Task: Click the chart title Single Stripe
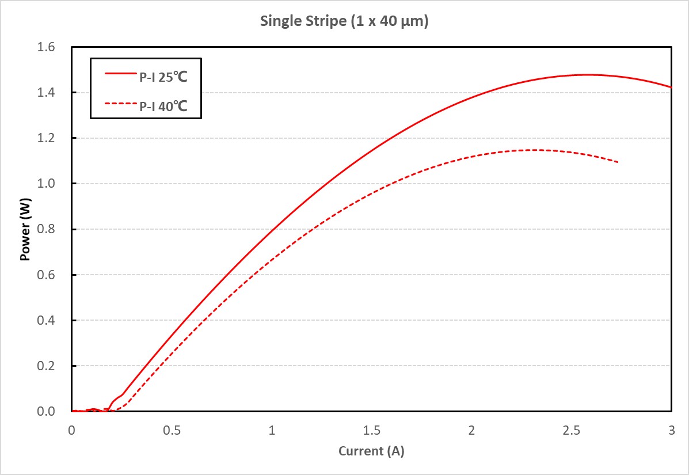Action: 344,22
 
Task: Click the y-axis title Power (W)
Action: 25,230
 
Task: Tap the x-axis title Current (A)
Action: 371,451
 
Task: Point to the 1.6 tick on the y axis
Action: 55,47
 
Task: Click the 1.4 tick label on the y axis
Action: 55,93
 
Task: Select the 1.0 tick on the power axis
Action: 55,184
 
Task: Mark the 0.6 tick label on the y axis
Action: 55,275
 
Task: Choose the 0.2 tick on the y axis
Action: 55,366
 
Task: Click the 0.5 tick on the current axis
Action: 172,430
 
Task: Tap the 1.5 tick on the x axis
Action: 372,430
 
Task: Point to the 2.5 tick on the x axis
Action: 572,430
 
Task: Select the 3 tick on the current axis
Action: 671,430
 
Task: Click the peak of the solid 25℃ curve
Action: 587,74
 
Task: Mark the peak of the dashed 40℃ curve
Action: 535,150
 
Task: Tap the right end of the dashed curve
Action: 618,162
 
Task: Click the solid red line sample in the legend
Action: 119,74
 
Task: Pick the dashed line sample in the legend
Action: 119,104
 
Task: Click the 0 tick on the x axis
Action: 72,430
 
